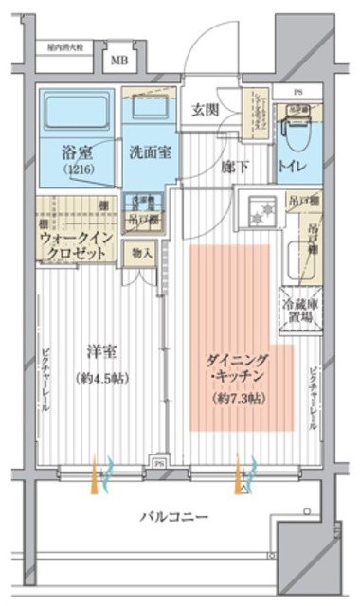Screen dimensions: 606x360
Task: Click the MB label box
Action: pyautogui.click(x=119, y=62)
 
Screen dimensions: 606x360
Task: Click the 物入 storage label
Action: pyautogui.click(x=142, y=254)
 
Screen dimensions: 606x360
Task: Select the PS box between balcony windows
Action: pyautogui.click(x=160, y=465)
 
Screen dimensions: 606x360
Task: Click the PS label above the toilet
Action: pyautogui.click(x=297, y=92)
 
